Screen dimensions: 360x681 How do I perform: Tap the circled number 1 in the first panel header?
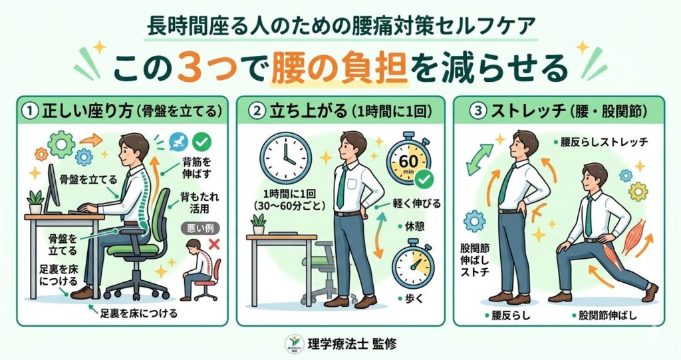click(x=31, y=111)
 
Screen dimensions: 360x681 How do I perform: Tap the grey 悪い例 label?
click(x=194, y=226)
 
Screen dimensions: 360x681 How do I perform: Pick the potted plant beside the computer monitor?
click(x=35, y=201)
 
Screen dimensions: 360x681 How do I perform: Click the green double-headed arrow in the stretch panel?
click(x=479, y=160)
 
